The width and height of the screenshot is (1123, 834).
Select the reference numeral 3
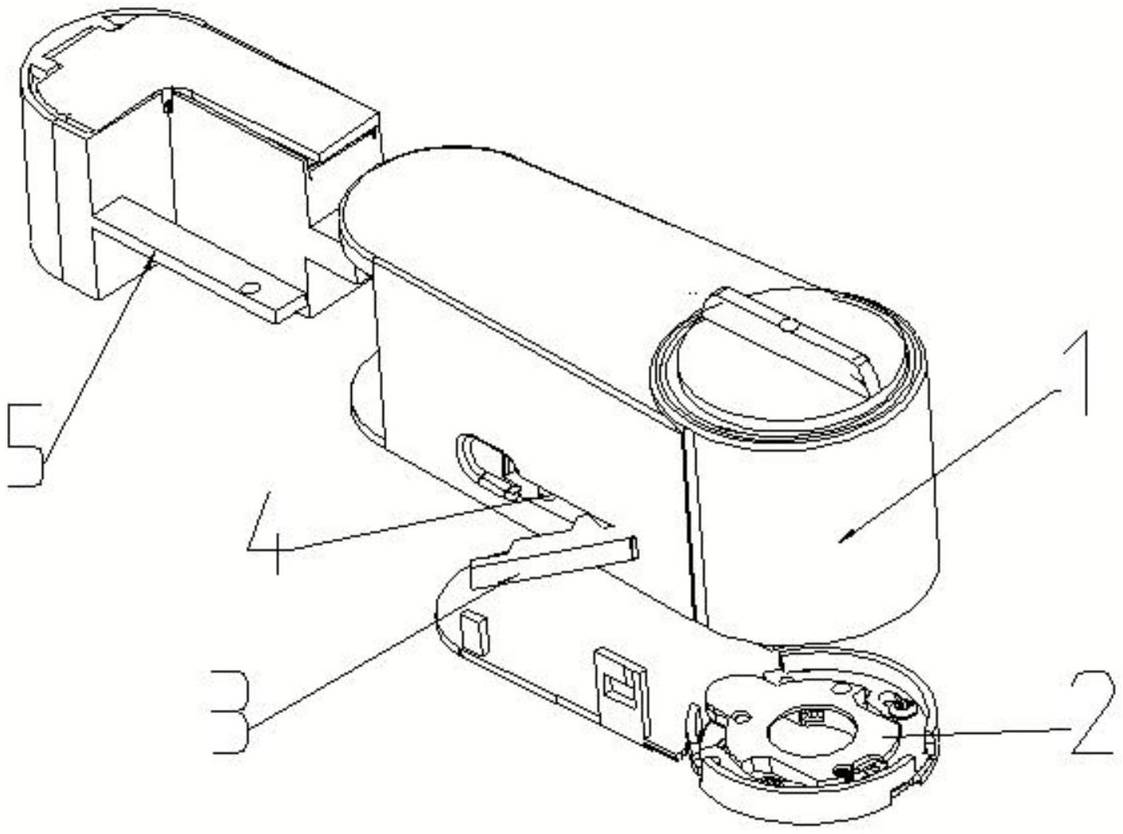coord(230,711)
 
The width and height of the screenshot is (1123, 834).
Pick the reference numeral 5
coord(26,444)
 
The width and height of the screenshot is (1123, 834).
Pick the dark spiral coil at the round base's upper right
coord(893,703)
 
